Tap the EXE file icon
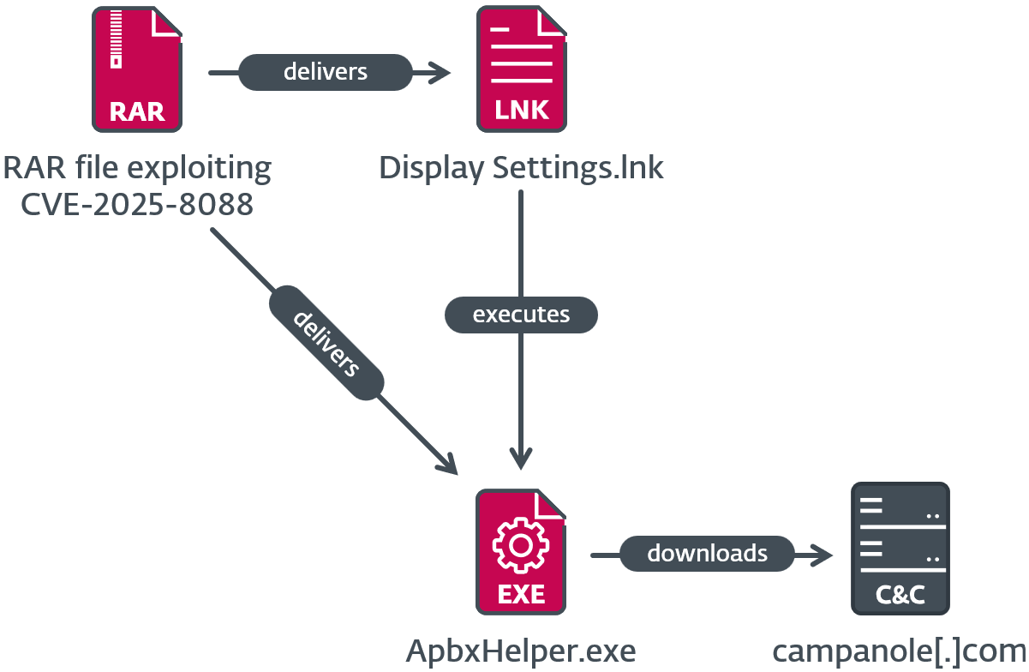pyautogui.click(x=521, y=552)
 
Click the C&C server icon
pyautogui.click(x=900, y=549)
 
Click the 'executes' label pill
pyautogui.click(x=521, y=315)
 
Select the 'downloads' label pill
pyautogui.click(x=707, y=553)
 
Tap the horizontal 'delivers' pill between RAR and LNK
pyautogui.click(x=326, y=72)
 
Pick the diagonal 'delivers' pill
pyautogui.click(x=326, y=344)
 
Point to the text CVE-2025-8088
pyautogui.click(x=137, y=205)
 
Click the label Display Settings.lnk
pyautogui.click(x=521, y=168)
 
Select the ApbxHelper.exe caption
pyautogui.click(x=521, y=651)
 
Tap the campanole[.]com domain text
pyautogui.click(x=900, y=651)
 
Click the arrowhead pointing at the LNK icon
pyautogui.click(x=442, y=73)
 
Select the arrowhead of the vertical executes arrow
pyautogui.click(x=521, y=458)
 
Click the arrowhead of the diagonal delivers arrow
pyautogui.click(x=447, y=464)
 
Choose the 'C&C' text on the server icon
pyautogui.click(x=900, y=595)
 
